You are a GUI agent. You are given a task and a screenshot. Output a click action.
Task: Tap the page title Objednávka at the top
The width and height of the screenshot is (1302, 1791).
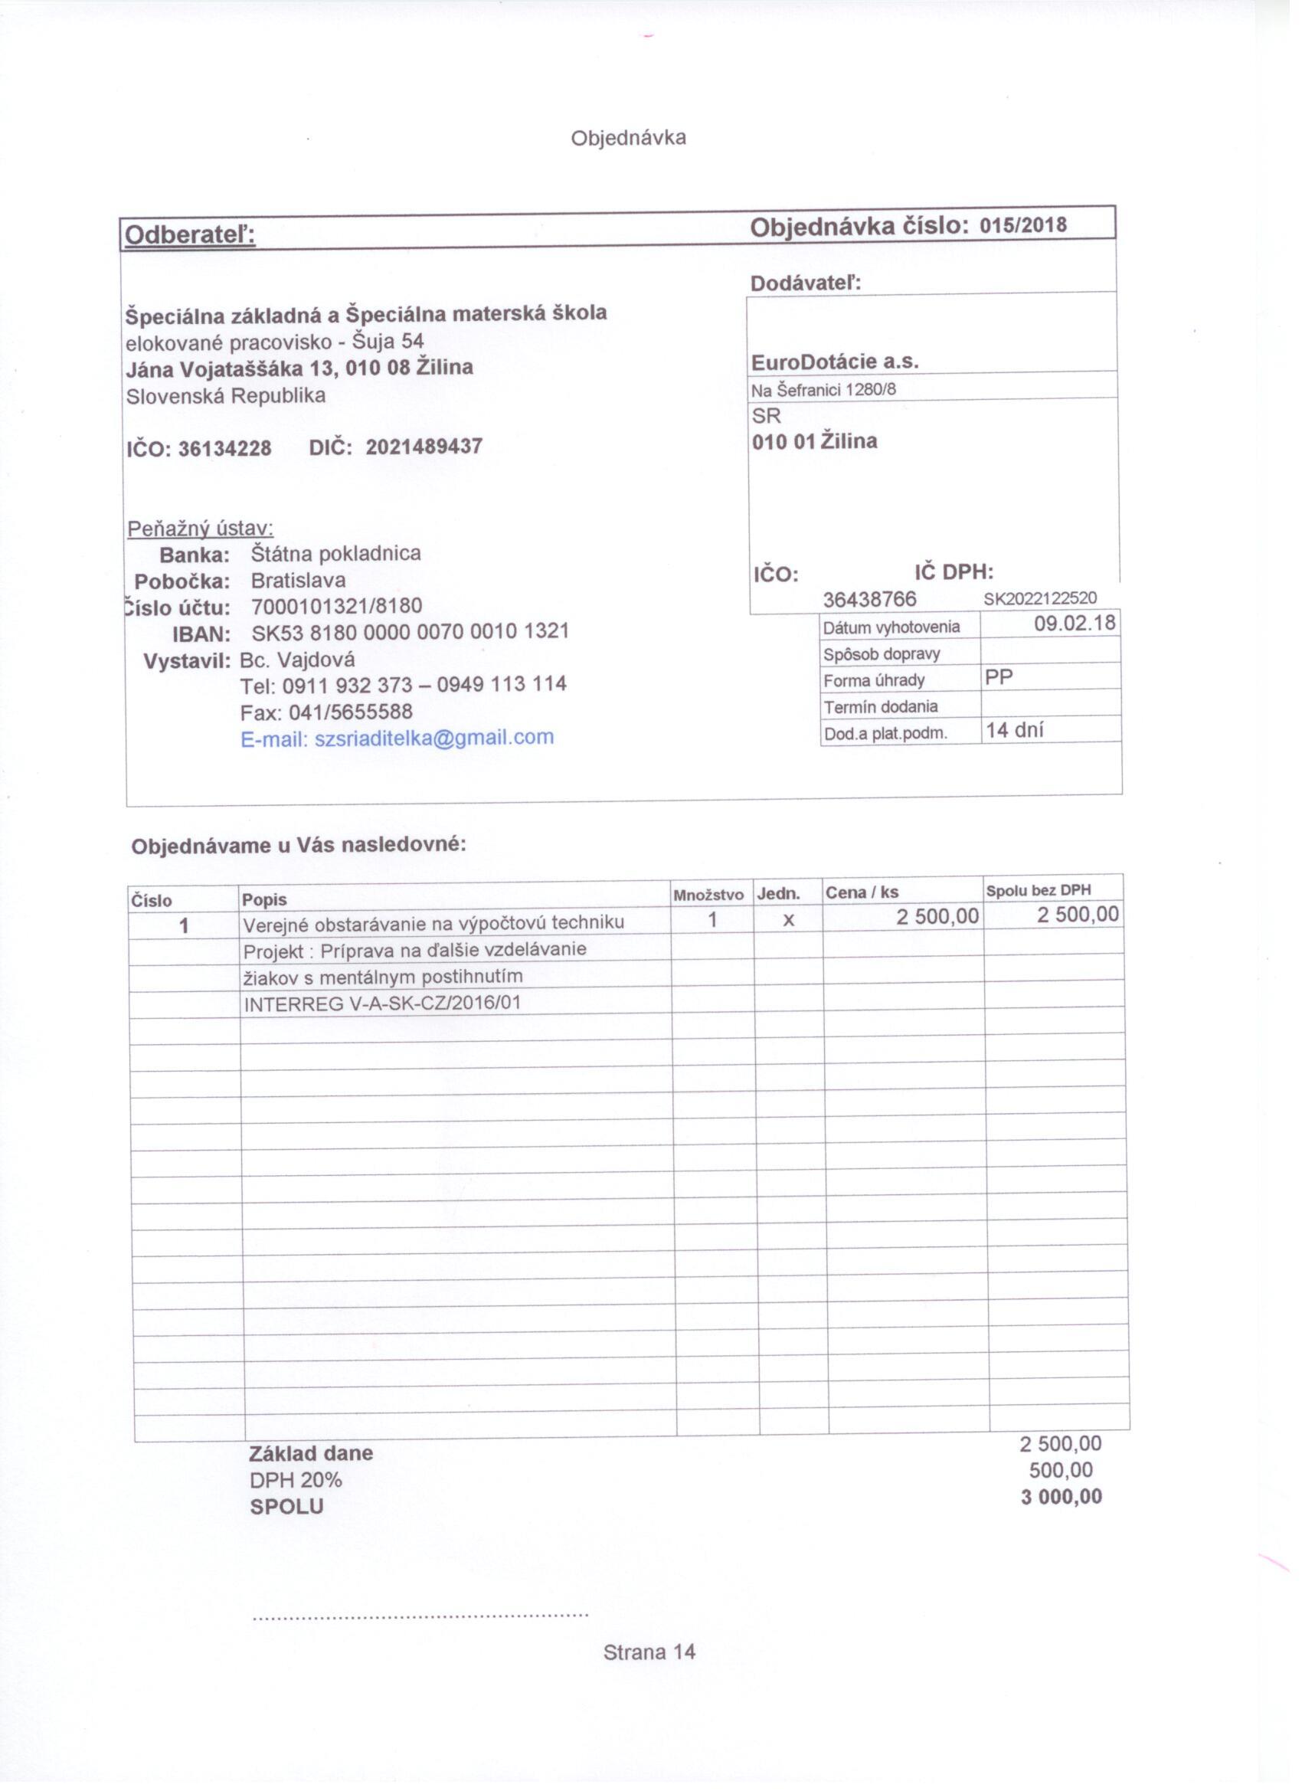point(629,138)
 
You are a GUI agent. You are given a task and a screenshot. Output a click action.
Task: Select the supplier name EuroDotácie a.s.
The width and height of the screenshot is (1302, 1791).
point(835,362)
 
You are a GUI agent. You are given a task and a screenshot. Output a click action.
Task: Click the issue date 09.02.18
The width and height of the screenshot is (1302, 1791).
point(1075,623)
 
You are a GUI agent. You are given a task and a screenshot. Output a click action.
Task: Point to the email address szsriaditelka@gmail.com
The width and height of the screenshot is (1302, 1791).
point(434,738)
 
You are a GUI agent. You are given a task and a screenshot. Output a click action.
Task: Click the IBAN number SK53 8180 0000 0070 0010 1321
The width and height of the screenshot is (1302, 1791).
point(410,632)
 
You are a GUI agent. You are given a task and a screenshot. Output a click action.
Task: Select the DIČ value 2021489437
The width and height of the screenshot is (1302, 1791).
point(424,447)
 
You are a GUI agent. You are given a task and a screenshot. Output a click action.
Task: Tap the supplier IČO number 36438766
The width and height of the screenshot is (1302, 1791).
point(869,599)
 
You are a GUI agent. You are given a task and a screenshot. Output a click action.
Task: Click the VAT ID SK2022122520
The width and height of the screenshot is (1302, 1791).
point(1040,598)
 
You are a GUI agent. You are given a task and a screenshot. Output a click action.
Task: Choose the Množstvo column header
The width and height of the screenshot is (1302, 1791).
point(708,895)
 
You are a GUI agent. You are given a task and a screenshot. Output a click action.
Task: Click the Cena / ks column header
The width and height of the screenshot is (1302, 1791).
point(862,892)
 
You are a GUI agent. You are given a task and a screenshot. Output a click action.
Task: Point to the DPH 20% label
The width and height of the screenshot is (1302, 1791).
point(296,1480)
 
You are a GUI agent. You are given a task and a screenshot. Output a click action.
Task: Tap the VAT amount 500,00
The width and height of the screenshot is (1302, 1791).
point(1062,1469)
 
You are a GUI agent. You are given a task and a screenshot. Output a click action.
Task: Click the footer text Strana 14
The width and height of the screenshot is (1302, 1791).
point(649,1652)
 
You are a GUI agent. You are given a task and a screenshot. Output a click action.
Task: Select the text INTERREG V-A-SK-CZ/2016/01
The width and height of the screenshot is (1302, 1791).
point(382,1004)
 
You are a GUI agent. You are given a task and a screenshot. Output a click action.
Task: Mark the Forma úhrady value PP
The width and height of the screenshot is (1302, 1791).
point(999,676)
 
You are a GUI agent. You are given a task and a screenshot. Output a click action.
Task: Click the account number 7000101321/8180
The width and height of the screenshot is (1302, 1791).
point(336,606)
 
